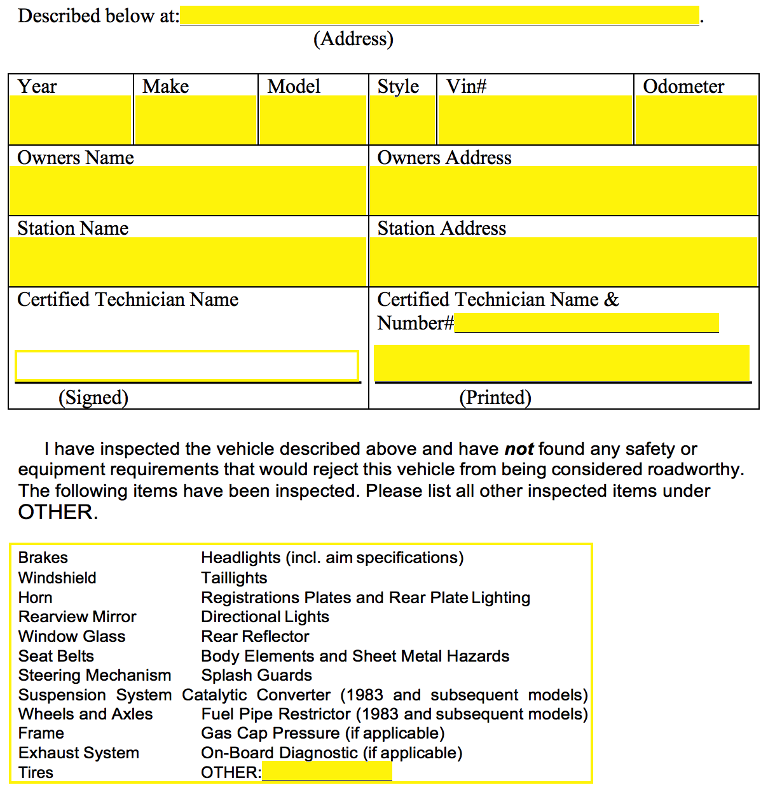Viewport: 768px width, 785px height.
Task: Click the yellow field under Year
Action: (x=70, y=120)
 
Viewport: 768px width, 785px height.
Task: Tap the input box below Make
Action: (x=196, y=120)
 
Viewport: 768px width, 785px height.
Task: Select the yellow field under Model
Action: (x=313, y=120)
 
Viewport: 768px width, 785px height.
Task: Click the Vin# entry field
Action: (x=535, y=120)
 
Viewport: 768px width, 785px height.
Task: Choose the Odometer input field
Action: (x=696, y=120)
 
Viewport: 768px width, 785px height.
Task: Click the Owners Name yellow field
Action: (x=188, y=190)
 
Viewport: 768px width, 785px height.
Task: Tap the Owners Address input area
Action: (x=563, y=190)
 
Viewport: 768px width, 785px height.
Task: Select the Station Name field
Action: (x=188, y=261)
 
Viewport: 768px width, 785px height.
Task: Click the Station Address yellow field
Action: (x=563, y=261)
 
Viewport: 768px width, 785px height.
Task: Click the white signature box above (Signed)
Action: (x=187, y=366)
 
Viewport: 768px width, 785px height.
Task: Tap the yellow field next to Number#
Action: (x=586, y=323)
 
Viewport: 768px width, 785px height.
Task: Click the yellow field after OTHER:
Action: (x=327, y=772)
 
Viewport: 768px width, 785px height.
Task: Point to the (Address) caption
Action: (x=353, y=39)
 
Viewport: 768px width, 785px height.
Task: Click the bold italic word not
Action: (x=519, y=449)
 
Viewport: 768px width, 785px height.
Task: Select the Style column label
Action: (x=398, y=86)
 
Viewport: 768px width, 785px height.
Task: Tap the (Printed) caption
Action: (x=495, y=398)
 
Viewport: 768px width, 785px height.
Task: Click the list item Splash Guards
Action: (x=256, y=675)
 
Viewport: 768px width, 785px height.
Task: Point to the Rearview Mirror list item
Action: (x=77, y=616)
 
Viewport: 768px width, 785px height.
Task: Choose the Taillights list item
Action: (x=234, y=578)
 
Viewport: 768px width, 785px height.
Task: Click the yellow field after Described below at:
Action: (x=439, y=16)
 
